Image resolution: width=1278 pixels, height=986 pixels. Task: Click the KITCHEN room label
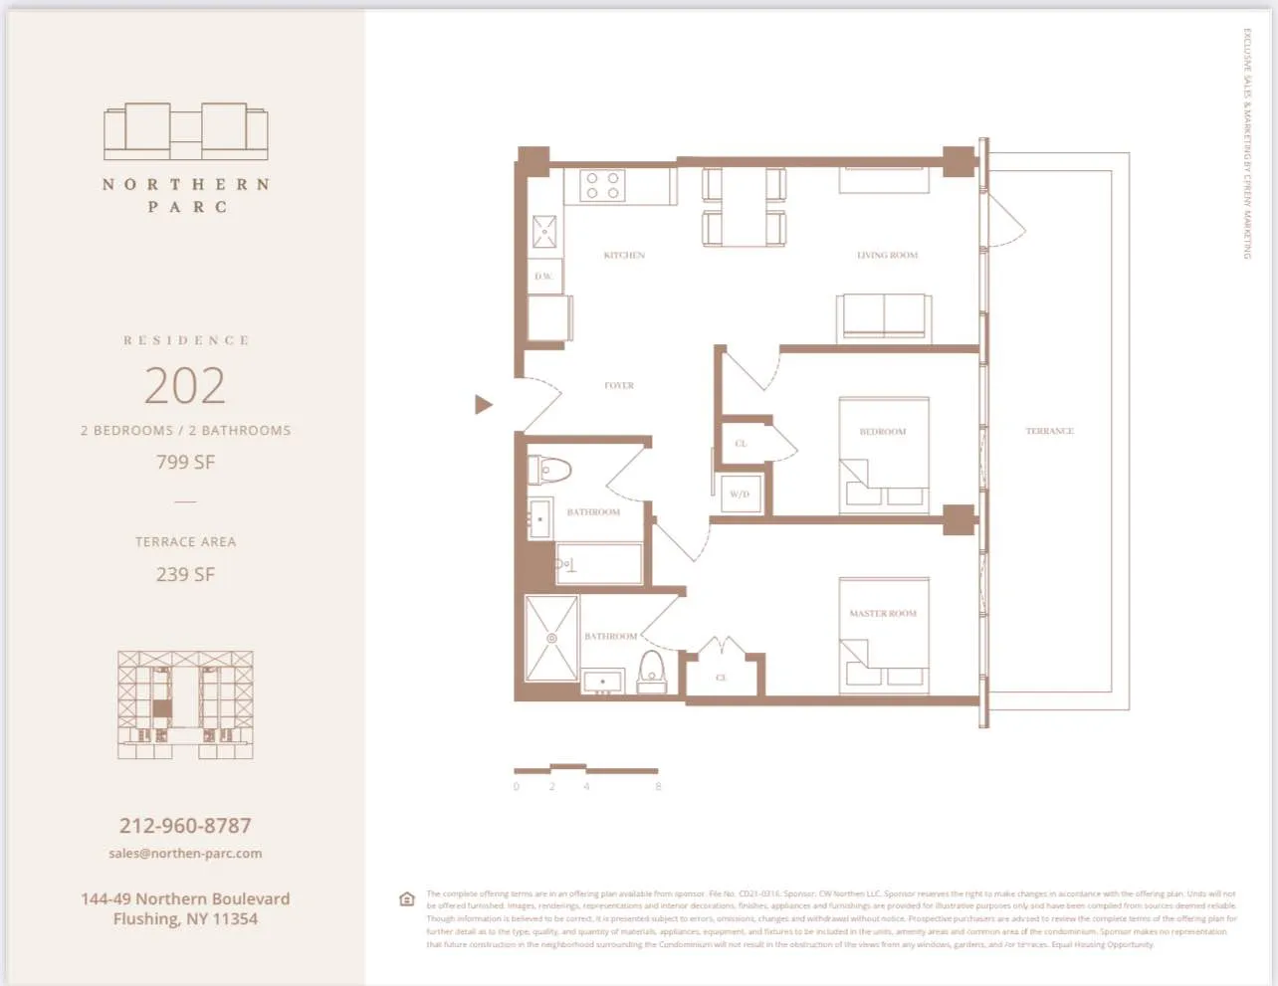coord(624,256)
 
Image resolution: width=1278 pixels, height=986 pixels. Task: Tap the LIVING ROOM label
coord(887,256)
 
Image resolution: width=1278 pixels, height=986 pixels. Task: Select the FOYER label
coord(619,386)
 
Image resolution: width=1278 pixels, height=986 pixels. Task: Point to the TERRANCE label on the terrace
coord(1049,432)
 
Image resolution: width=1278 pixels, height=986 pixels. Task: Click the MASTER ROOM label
coord(883,614)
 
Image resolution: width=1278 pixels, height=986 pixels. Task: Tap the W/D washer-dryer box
coord(740,493)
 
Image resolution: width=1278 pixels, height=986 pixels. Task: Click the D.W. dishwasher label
coord(543,277)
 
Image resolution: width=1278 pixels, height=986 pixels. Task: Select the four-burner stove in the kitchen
coord(602,185)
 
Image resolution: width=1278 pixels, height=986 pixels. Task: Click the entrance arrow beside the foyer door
coord(483,404)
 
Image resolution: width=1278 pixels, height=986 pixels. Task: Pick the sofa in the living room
coord(884,317)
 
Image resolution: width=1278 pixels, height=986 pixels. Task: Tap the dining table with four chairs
coord(745,207)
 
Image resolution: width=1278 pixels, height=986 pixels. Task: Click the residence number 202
coord(185,386)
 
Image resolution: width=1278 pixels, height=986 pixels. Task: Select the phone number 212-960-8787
coord(185,826)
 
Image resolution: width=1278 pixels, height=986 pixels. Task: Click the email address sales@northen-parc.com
coord(185,854)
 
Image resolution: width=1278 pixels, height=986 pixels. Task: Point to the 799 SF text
coord(185,463)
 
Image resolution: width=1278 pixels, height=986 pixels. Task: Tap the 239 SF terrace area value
coord(185,575)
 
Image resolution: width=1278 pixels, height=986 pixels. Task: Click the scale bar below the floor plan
coord(585,769)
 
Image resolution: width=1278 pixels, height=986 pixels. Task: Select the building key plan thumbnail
coord(185,704)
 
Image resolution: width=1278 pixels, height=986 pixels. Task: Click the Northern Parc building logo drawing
coord(186,131)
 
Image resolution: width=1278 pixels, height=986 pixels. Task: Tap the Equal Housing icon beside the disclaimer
coord(406,899)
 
